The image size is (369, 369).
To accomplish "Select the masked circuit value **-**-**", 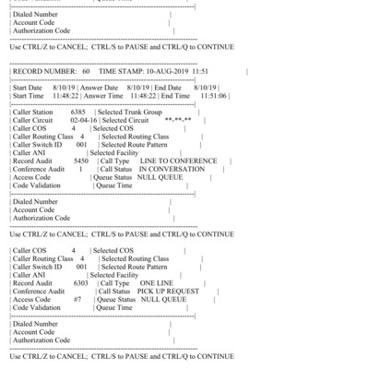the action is click(x=177, y=120).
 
